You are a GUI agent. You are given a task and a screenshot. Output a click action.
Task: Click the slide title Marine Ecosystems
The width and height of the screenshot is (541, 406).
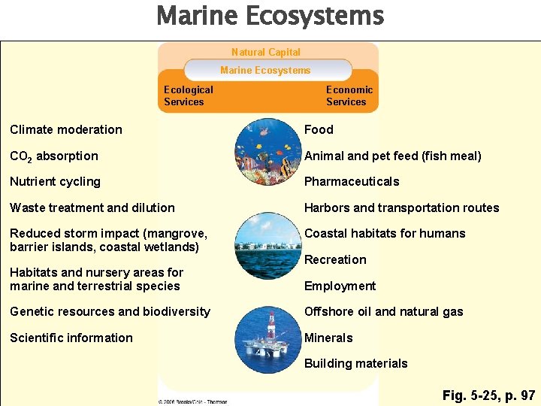pyautogui.click(x=270, y=16)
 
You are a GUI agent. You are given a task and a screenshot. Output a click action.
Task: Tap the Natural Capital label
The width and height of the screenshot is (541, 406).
pyautogui.click(x=266, y=52)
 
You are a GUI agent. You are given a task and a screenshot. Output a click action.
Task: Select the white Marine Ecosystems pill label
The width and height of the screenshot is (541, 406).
pyautogui.click(x=265, y=70)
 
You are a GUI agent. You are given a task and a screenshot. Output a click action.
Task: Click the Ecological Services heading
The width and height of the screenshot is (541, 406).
pyautogui.click(x=188, y=95)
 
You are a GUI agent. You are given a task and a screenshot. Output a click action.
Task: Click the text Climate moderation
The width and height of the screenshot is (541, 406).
pyautogui.click(x=66, y=129)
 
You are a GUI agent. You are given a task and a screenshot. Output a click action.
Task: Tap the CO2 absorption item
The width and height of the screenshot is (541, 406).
pyautogui.click(x=54, y=156)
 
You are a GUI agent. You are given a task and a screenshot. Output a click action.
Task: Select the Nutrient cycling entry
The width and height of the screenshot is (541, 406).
pyautogui.click(x=55, y=181)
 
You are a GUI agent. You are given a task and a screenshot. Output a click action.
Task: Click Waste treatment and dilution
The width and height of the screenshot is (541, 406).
pyautogui.click(x=92, y=208)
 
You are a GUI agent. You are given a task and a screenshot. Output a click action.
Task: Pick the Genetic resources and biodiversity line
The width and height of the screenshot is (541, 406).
pyautogui.click(x=110, y=311)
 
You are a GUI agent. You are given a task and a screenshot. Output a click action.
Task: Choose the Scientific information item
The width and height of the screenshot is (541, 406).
pyautogui.click(x=71, y=338)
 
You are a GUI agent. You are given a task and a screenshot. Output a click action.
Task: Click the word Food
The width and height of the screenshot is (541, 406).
pyautogui.click(x=319, y=129)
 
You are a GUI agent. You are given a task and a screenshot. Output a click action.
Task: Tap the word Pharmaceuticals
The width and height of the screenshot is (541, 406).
pyautogui.click(x=352, y=181)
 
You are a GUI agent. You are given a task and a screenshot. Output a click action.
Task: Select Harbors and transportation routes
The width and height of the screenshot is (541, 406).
pyautogui.click(x=401, y=208)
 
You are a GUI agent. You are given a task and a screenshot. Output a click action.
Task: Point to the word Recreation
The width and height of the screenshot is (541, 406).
pyautogui.click(x=335, y=259)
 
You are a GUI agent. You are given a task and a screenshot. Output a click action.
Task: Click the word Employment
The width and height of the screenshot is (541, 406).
pyautogui.click(x=340, y=286)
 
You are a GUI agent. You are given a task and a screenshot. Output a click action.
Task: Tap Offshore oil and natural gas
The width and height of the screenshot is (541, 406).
pyautogui.click(x=383, y=311)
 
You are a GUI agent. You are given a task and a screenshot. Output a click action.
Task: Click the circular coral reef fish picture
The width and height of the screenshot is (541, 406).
pyautogui.click(x=267, y=150)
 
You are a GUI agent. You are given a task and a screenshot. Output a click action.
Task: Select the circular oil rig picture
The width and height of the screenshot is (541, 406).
pyautogui.click(x=267, y=339)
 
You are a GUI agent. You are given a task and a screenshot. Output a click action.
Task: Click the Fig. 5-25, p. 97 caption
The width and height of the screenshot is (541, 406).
pyautogui.click(x=488, y=395)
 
